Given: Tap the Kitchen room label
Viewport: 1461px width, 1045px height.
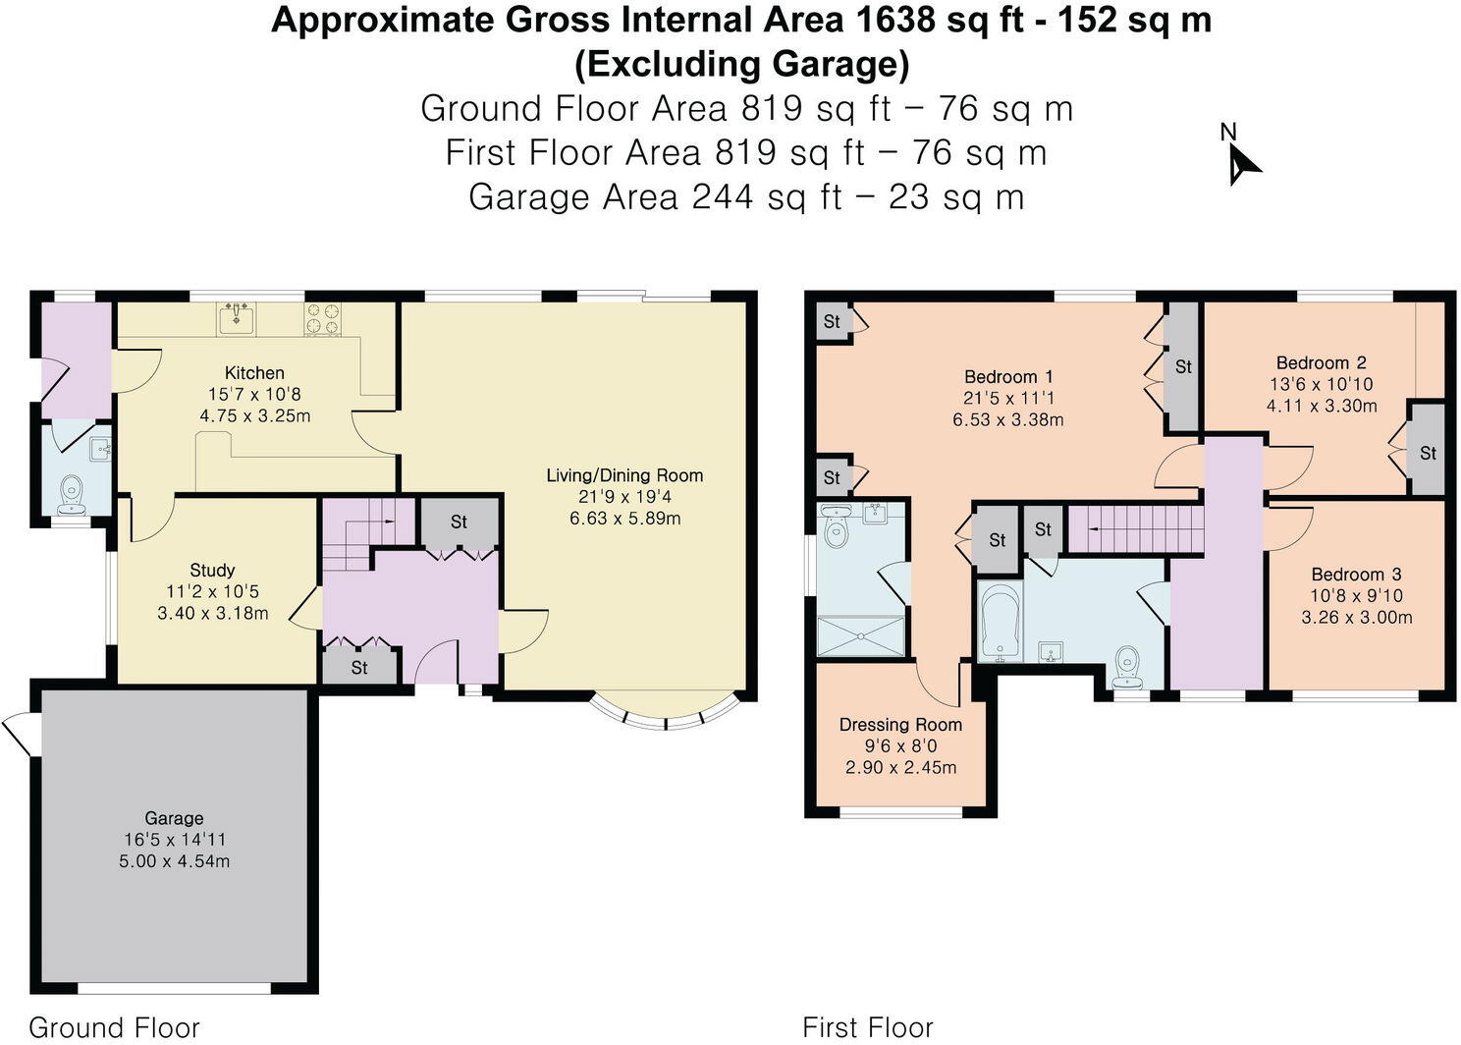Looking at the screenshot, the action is (x=254, y=373).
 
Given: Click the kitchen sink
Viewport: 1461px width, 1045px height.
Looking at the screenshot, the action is (x=237, y=317).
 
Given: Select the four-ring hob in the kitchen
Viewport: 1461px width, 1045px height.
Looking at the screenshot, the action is (x=323, y=318).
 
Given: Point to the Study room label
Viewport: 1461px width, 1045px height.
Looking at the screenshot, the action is (x=212, y=570).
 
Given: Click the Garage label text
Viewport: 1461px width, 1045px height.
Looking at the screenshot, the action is (x=174, y=818).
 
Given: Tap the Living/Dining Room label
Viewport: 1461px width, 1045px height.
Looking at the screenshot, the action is (x=624, y=475).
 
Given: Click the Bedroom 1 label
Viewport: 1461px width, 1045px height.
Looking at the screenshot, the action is (x=1008, y=377).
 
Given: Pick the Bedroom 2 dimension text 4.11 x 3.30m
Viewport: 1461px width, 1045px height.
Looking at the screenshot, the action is (x=1322, y=406).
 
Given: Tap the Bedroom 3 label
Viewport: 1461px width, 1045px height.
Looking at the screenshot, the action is (x=1357, y=574).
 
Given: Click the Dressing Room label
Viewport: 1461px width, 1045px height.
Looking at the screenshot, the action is (x=900, y=725).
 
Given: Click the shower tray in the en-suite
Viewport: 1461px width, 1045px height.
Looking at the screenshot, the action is (x=861, y=636).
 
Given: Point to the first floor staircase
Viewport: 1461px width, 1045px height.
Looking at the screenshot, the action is (x=1136, y=529).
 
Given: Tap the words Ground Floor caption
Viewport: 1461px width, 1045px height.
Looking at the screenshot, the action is (x=114, y=1027).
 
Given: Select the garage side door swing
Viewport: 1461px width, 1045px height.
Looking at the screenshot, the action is (x=20, y=735).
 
